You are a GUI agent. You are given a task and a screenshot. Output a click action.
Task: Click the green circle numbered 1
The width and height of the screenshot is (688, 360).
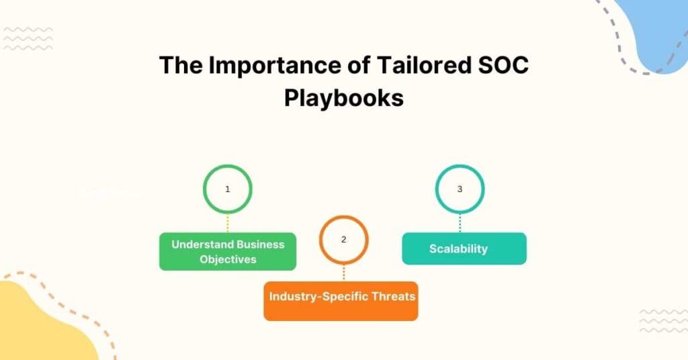click(228, 189)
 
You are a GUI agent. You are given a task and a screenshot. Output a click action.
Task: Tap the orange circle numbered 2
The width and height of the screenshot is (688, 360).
click(344, 239)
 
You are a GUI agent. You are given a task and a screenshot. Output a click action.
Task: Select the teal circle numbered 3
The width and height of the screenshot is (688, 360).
click(460, 189)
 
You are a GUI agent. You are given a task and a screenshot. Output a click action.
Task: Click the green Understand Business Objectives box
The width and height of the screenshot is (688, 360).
click(228, 251)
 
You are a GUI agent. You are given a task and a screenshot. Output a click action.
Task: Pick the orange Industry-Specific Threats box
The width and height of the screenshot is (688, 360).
click(341, 300)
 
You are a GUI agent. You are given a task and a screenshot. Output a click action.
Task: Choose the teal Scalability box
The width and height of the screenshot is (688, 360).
click(464, 249)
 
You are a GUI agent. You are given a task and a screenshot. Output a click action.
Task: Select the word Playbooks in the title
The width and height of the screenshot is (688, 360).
click(343, 97)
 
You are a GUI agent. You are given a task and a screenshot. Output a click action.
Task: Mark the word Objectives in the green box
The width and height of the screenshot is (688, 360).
click(228, 259)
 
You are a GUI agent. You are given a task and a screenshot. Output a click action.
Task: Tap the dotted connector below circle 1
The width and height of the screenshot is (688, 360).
click(228, 223)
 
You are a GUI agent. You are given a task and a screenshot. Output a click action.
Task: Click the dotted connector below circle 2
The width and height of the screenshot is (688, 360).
click(344, 272)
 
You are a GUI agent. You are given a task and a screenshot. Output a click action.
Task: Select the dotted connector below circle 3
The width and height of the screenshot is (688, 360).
click(460, 223)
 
